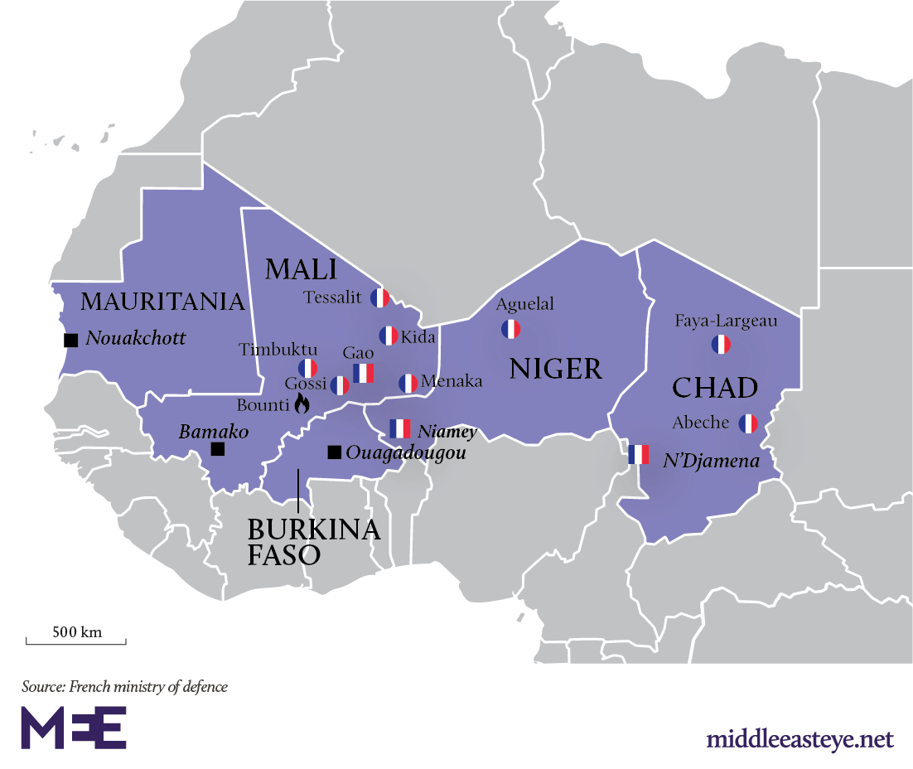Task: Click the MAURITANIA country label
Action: tap(163, 302)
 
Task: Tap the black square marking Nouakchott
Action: tap(70, 340)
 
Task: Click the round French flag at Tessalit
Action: tap(380, 298)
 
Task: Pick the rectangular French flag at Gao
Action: tap(364, 373)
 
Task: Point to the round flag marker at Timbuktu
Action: tap(308, 368)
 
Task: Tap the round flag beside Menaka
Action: tap(408, 383)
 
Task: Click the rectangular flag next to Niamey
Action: tap(400, 428)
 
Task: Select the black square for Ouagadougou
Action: tap(333, 452)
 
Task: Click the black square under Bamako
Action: tap(217, 449)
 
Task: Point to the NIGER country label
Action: tap(556, 369)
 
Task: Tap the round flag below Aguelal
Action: tap(510, 329)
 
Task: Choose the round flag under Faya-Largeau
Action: tap(722, 345)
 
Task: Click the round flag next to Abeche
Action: tap(748, 423)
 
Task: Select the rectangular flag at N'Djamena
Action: tap(638, 454)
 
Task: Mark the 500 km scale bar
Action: tap(76, 639)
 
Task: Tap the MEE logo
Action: tap(74, 728)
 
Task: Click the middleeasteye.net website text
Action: tap(799, 738)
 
